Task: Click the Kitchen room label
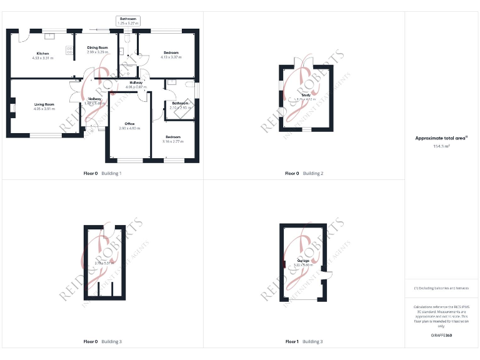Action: (x=42, y=53)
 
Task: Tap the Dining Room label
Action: (x=97, y=47)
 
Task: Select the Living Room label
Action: (x=44, y=104)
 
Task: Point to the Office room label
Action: (x=129, y=124)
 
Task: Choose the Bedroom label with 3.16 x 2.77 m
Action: (x=173, y=137)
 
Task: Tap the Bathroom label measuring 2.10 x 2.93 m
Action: (x=180, y=103)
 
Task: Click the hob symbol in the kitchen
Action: (x=69, y=50)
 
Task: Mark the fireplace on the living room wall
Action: (x=12, y=108)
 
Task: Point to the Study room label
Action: (x=306, y=94)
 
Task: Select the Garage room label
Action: (x=303, y=261)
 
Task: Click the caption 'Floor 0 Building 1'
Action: (x=102, y=173)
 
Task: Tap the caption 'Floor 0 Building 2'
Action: (x=304, y=173)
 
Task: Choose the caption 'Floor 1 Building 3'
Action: (x=304, y=342)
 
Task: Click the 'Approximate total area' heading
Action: (x=441, y=137)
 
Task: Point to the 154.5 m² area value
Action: (x=441, y=146)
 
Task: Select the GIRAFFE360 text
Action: (x=441, y=336)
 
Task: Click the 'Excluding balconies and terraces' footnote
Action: (x=441, y=288)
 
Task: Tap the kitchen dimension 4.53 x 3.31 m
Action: (x=42, y=57)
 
